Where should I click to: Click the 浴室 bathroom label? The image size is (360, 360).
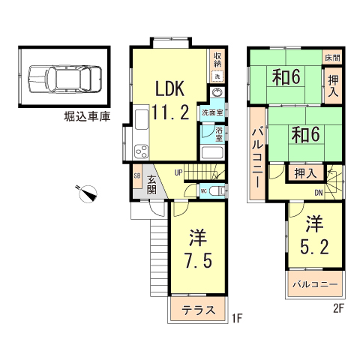pos(219,134)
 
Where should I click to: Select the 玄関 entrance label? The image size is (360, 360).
pos(152,184)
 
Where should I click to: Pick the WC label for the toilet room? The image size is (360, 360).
pos(203,191)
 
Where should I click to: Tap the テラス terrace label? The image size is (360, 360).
pos(198,310)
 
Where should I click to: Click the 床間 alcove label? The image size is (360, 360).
pos(331,57)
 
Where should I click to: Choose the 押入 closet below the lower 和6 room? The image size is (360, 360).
pos(305,172)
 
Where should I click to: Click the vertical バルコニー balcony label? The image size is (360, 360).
pos(256,157)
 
